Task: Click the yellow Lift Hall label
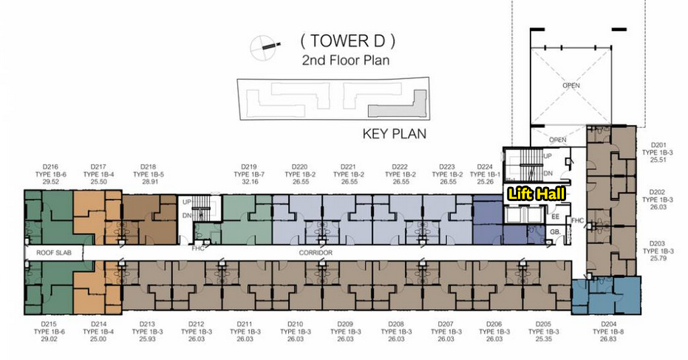tap(537, 194)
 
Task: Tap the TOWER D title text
tap(347, 41)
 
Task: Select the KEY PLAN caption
tap(394, 134)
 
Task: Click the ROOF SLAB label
tap(54, 253)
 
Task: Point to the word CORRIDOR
tap(316, 253)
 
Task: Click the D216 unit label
tap(50, 167)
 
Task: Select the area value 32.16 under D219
tap(249, 182)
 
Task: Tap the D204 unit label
tap(609, 325)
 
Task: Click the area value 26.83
tap(609, 339)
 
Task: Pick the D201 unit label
tap(658, 145)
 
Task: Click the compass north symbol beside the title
tap(265, 47)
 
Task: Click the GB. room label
tap(555, 232)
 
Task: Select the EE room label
tap(555, 217)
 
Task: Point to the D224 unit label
tap(485, 167)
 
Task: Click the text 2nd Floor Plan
tap(346, 60)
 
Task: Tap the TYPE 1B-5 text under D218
tap(149, 174)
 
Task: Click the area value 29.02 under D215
tap(49, 339)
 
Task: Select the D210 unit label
tap(296, 325)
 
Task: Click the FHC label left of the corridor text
tap(198, 248)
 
